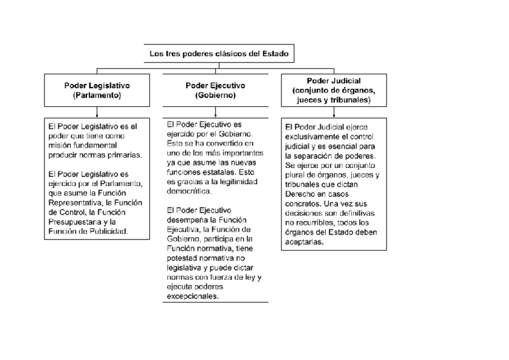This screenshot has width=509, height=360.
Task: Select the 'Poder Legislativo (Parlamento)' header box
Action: coord(97,90)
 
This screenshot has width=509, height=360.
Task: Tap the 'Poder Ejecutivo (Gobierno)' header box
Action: coord(215,90)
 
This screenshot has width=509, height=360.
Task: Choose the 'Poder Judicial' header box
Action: coord(333,90)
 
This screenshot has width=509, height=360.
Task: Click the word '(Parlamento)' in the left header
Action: coord(97,95)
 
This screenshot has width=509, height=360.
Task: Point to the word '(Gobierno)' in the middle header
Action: coord(215,95)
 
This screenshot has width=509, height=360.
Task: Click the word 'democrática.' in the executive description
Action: coord(189,191)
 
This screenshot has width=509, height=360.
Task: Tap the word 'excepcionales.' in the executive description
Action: coord(193,296)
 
